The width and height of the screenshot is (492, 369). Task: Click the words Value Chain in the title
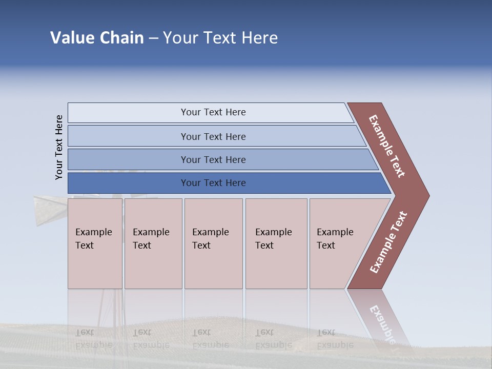pyautogui.click(x=97, y=38)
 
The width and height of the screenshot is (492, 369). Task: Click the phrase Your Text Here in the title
pyautogui.click(x=220, y=38)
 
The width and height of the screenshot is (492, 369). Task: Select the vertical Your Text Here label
pyautogui.click(x=59, y=147)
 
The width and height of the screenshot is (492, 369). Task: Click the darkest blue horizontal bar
pyautogui.click(x=128, y=183)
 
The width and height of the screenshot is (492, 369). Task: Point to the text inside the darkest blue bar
pyautogui.click(x=213, y=183)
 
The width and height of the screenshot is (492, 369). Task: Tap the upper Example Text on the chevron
pyautogui.click(x=387, y=146)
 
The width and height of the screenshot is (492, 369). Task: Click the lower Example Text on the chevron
pyautogui.click(x=388, y=242)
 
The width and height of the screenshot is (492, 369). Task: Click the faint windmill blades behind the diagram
pyautogui.click(x=51, y=208)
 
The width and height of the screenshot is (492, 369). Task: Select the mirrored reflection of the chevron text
pyautogui.click(x=382, y=323)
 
